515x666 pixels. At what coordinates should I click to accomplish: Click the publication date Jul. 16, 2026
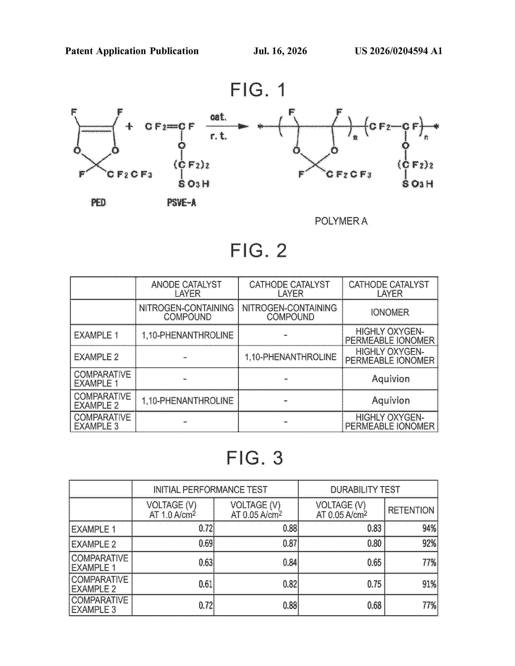[x=280, y=51]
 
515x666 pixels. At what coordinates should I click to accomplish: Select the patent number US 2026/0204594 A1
[x=398, y=51]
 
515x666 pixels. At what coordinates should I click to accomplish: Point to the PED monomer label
[x=98, y=202]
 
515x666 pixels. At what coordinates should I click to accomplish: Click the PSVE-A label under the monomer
[x=182, y=202]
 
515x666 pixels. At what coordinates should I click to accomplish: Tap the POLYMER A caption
[x=341, y=221]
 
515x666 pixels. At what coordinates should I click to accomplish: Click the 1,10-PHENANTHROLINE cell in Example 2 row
[x=290, y=357]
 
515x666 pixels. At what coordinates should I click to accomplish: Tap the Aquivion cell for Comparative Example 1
[x=391, y=379]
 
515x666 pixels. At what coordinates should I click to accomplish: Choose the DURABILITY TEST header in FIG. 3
[x=365, y=489]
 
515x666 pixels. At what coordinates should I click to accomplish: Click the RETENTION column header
[x=411, y=510]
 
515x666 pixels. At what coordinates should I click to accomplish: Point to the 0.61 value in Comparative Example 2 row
[x=206, y=584]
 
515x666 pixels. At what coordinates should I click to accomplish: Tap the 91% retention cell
[x=429, y=584]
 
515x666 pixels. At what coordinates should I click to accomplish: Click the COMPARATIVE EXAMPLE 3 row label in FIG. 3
[x=100, y=605]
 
